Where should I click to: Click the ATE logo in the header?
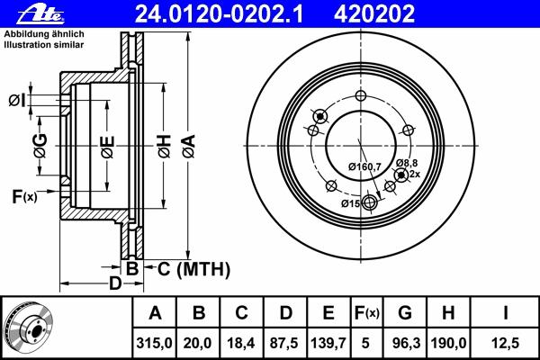[x=40, y=14]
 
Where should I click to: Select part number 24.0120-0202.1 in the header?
[x=219, y=14]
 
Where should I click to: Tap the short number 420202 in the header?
[x=374, y=14]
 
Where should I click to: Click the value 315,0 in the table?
[x=154, y=343]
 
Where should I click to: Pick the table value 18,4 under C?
[x=241, y=343]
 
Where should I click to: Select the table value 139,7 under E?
[x=328, y=343]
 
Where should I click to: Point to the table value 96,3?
[x=406, y=343]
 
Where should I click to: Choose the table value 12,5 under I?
[x=505, y=343]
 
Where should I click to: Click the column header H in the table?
[x=447, y=313]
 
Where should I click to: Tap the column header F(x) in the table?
[x=367, y=313]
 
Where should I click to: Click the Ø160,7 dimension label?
[x=364, y=166]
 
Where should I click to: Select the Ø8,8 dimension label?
[x=407, y=163]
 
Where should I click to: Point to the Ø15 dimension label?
[x=351, y=203]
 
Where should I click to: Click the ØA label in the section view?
[x=189, y=147]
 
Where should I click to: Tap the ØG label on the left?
[x=40, y=146]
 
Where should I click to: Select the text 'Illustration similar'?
[x=44, y=45]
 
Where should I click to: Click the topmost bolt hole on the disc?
[x=361, y=95]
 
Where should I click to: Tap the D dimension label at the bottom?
[x=115, y=283]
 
